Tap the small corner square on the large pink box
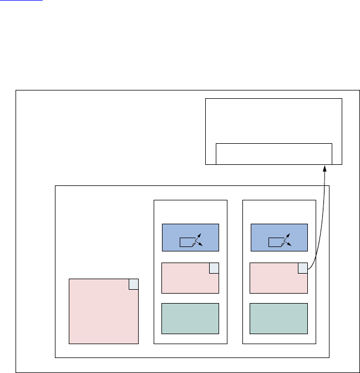(x=133, y=284)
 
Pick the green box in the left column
(x=190, y=319)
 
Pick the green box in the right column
(x=279, y=319)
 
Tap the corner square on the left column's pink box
(x=214, y=268)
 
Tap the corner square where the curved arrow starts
(x=303, y=268)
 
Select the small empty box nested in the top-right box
(x=273, y=153)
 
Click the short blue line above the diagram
(x=31, y=1)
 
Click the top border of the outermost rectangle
(x=183, y=89)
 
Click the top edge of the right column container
(x=280, y=200)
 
